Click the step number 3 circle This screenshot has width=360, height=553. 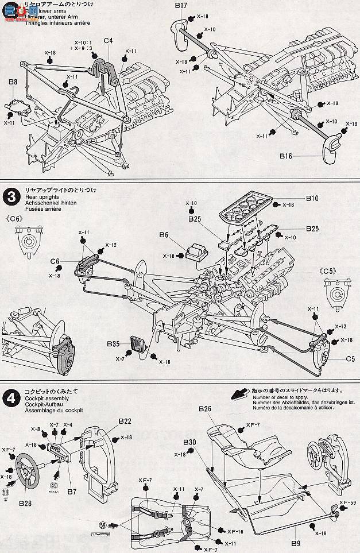[x=11, y=198]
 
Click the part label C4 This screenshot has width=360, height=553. [x=107, y=41]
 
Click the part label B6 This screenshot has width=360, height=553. [x=164, y=235]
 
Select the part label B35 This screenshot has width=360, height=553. [x=113, y=345]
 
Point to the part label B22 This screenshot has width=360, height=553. [x=125, y=421]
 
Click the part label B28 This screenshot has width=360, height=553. [x=25, y=505]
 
